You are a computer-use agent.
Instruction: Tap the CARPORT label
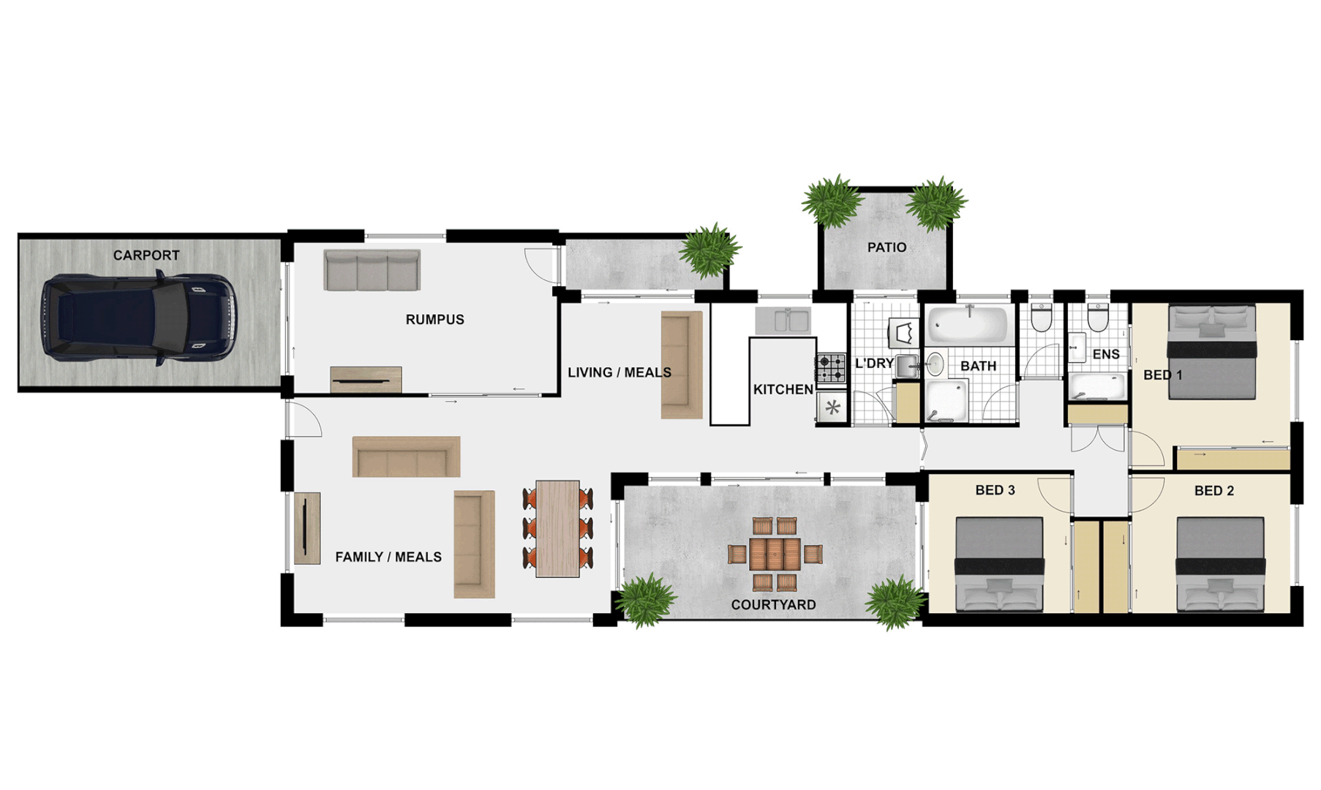pyautogui.click(x=146, y=255)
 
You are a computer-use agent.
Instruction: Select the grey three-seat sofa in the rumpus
pyautogui.click(x=372, y=270)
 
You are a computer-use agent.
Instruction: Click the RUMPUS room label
pyautogui.click(x=434, y=320)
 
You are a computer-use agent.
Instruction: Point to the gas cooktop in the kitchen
pyautogui.click(x=831, y=368)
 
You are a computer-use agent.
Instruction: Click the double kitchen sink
pyautogui.click(x=783, y=320)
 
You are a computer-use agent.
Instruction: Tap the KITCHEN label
pyautogui.click(x=783, y=390)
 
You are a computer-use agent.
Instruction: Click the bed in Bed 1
pyautogui.click(x=1212, y=353)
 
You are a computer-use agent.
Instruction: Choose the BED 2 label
pyautogui.click(x=1213, y=491)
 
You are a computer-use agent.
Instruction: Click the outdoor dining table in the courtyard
pyautogui.click(x=775, y=554)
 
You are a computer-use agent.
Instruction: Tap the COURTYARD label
pyautogui.click(x=773, y=605)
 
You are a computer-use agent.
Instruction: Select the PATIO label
pyautogui.click(x=887, y=248)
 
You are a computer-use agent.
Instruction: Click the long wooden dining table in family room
pyautogui.click(x=557, y=528)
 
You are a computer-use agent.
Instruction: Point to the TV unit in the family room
pyautogui.click(x=307, y=528)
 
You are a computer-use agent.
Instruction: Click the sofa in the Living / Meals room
pyautogui.click(x=682, y=365)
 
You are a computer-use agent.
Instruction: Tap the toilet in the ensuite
pyautogui.click(x=1097, y=317)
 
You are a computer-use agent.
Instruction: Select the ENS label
pyautogui.click(x=1105, y=355)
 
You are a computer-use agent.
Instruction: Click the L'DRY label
pyautogui.click(x=874, y=364)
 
